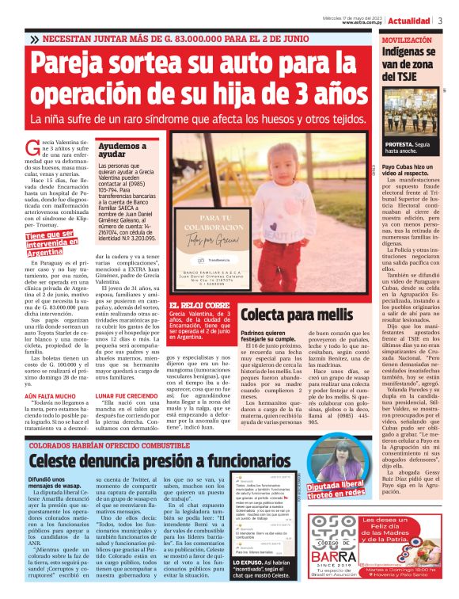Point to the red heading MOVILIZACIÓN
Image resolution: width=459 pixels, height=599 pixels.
coord(407,39)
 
